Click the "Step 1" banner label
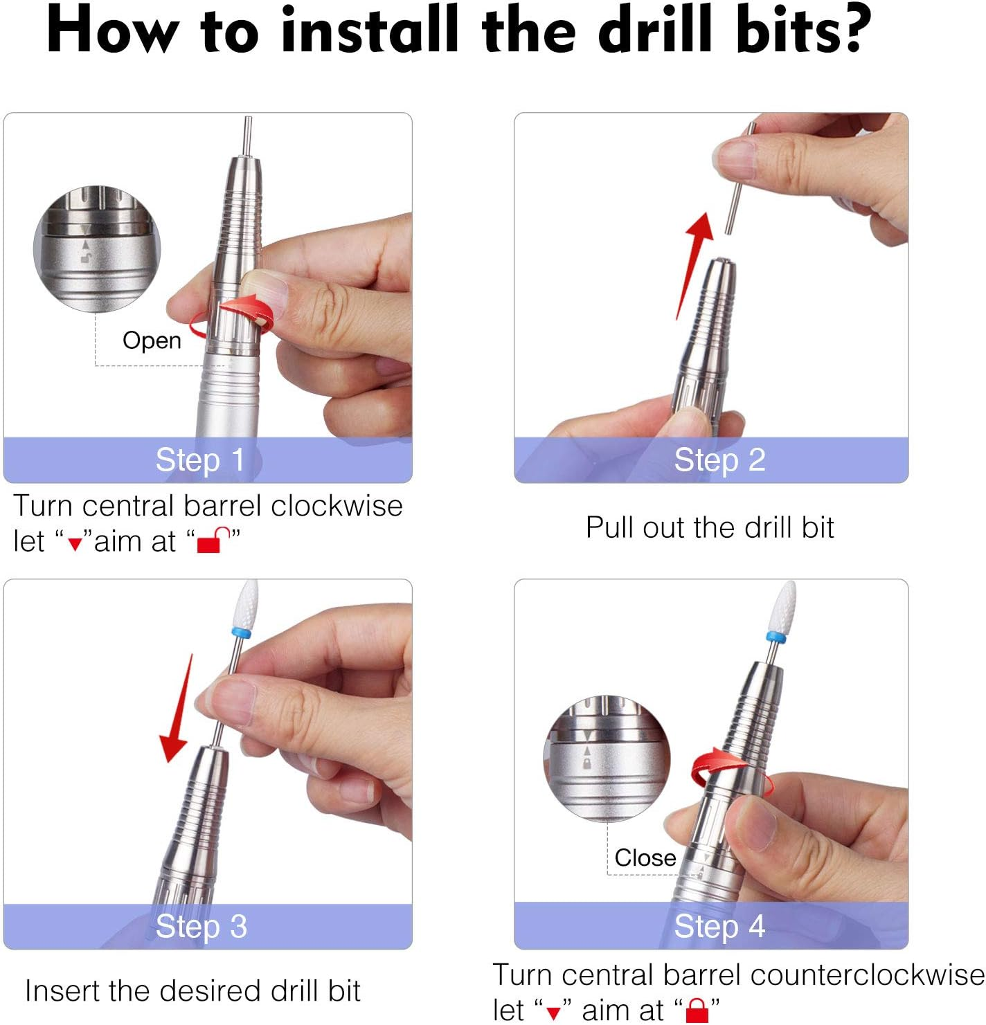pyautogui.click(x=200, y=460)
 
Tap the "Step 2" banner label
pyautogui.click(x=719, y=460)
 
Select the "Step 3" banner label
pyautogui.click(x=201, y=926)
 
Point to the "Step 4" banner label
pyautogui.click(x=719, y=926)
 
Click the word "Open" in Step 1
pyautogui.click(x=152, y=341)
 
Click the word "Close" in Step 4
pyautogui.click(x=645, y=858)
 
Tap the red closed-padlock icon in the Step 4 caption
pyautogui.click(x=697, y=1010)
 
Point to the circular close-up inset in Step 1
pyautogui.click(x=97, y=248)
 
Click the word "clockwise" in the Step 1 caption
pyautogui.click(x=337, y=506)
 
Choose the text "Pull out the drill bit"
pyautogui.click(x=710, y=527)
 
